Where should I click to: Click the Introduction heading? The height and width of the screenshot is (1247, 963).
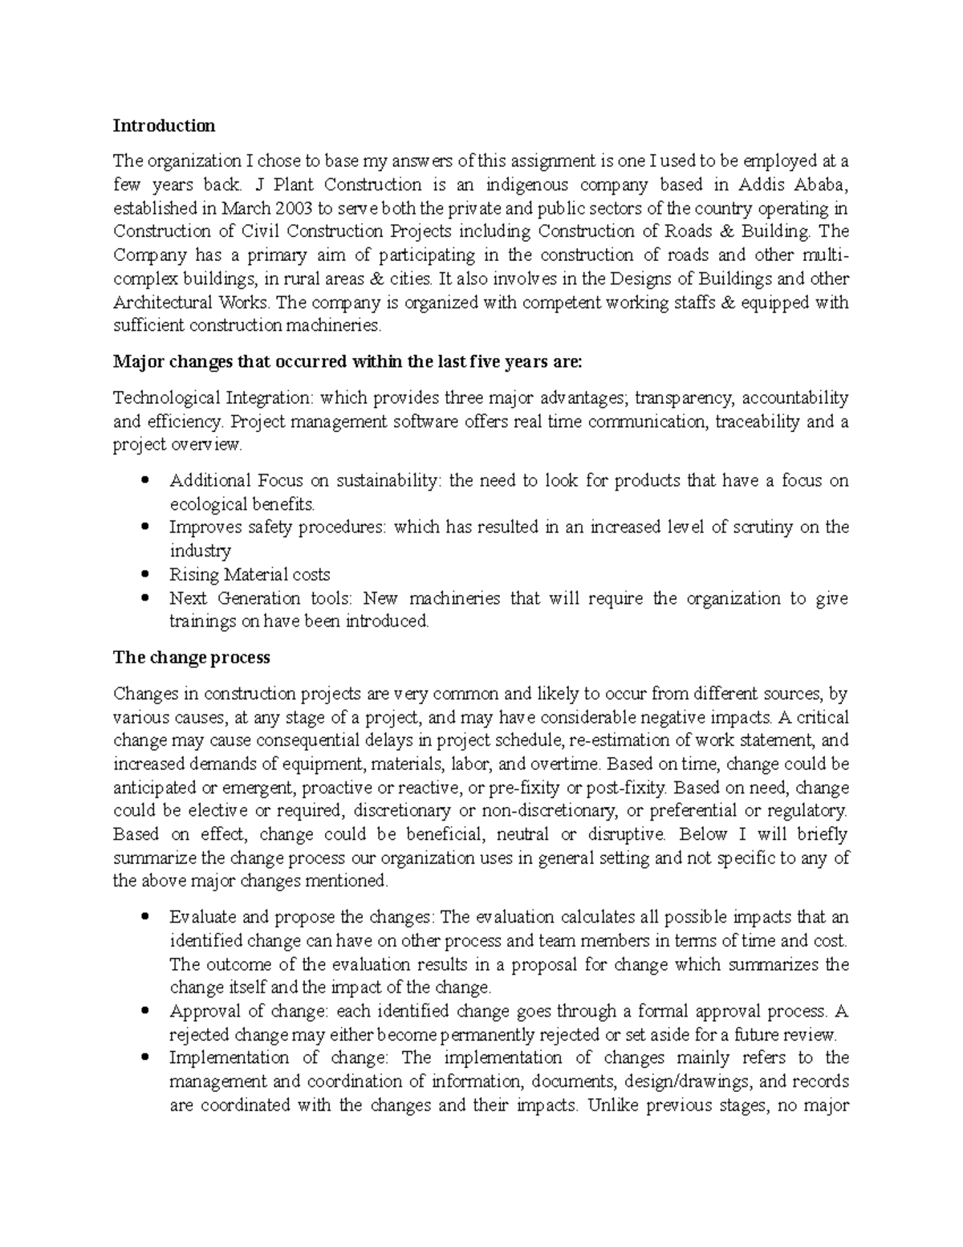tap(164, 126)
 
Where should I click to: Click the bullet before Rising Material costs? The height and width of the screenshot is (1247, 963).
tap(144, 575)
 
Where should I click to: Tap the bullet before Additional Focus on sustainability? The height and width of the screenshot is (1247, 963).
tap(144, 481)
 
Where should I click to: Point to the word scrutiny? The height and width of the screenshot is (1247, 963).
tap(768, 528)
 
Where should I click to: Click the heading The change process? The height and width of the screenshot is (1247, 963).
tap(192, 658)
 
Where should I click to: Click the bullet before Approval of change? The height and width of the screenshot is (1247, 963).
tap(144, 1011)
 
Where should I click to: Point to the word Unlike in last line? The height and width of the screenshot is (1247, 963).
tap(612, 1105)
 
